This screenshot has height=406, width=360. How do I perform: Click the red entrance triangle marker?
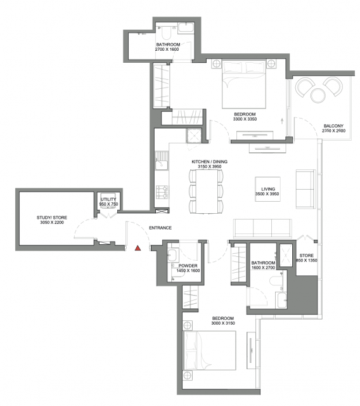point(138,248)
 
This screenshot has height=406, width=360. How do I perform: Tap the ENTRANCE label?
point(160,228)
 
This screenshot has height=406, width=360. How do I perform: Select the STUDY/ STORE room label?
point(52,218)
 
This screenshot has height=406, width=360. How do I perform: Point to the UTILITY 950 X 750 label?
point(108,202)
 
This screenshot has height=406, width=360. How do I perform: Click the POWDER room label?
point(188,266)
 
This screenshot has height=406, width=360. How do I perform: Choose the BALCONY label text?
point(333,126)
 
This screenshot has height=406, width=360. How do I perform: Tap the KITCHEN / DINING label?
point(210,162)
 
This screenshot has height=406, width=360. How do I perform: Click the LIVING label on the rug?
point(268,189)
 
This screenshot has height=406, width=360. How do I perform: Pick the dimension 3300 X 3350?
point(245,119)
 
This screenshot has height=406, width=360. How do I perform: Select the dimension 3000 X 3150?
point(223,323)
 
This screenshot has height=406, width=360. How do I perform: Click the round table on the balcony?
point(318,96)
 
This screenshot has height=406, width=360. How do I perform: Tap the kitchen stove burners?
point(162,192)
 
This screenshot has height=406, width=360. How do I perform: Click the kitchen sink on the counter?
point(162,164)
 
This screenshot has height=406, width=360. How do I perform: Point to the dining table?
point(207,192)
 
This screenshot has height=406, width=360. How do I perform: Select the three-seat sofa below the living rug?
point(263,228)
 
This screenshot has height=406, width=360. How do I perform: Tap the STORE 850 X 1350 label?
point(307,258)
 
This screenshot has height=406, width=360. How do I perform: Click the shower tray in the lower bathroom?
point(286,255)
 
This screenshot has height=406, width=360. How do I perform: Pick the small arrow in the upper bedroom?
point(282,121)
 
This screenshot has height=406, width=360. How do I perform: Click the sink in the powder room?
point(172,255)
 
